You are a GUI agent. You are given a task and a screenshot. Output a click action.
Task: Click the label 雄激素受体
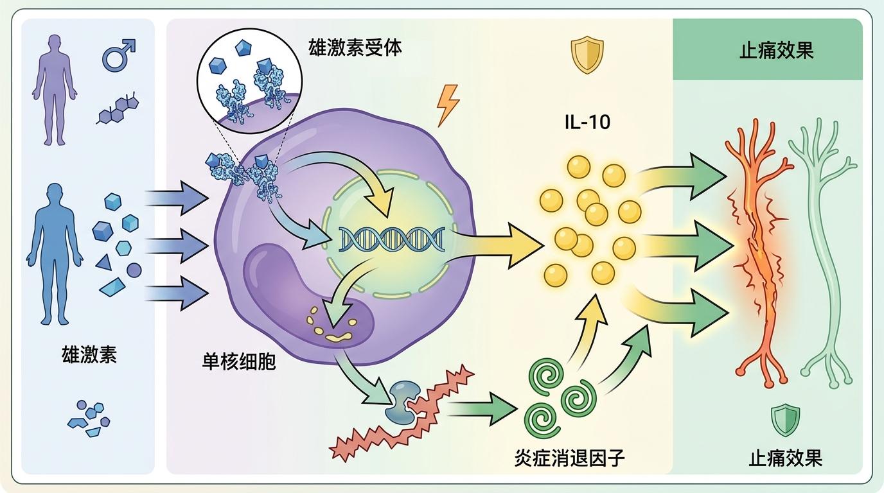tap(355, 47)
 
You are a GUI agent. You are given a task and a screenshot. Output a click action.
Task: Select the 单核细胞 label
tap(239, 361)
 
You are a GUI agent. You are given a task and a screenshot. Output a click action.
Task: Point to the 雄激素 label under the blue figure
tap(89, 354)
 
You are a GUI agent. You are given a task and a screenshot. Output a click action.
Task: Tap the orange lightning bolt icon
tap(448, 105)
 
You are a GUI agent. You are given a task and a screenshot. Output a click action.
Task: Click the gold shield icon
tap(587, 55)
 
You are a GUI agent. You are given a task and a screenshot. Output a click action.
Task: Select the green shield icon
tap(784, 420)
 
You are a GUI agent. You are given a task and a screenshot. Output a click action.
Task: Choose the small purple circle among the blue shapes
tap(134, 270)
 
